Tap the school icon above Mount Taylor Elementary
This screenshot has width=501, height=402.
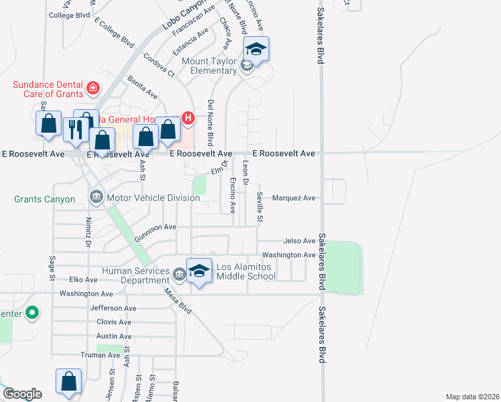tap(256, 49)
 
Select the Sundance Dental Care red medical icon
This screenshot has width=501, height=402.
tap(93, 87)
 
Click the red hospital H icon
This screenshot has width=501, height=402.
tap(188, 119)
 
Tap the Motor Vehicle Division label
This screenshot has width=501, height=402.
tap(153, 198)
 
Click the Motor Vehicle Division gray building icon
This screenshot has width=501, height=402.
tap(96, 197)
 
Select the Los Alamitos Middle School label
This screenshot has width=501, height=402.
tap(246, 271)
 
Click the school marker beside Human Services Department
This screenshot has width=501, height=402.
tap(199, 271)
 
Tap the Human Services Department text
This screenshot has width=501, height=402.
tap(135, 275)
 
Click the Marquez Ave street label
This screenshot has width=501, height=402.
tap(293, 198)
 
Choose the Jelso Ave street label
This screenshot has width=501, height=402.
tap(299, 241)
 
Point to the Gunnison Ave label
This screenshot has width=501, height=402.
tap(155, 232)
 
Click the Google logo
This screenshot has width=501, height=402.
tap(22, 394)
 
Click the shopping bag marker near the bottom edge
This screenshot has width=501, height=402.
tap(68, 382)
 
